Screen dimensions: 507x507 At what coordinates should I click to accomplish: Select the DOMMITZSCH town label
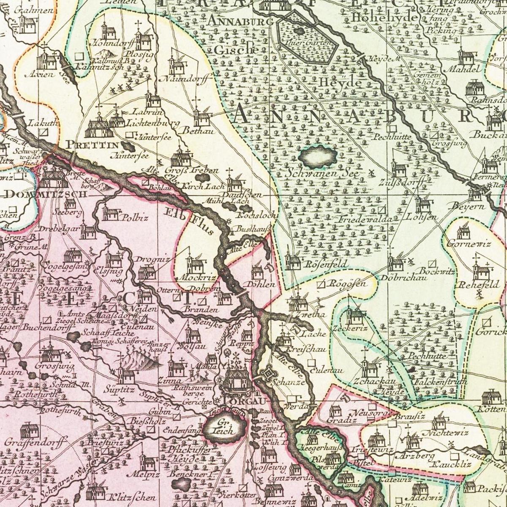pyautogui.click(x=46, y=194)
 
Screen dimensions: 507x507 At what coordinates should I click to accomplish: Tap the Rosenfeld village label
pyautogui.click(x=323, y=264)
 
